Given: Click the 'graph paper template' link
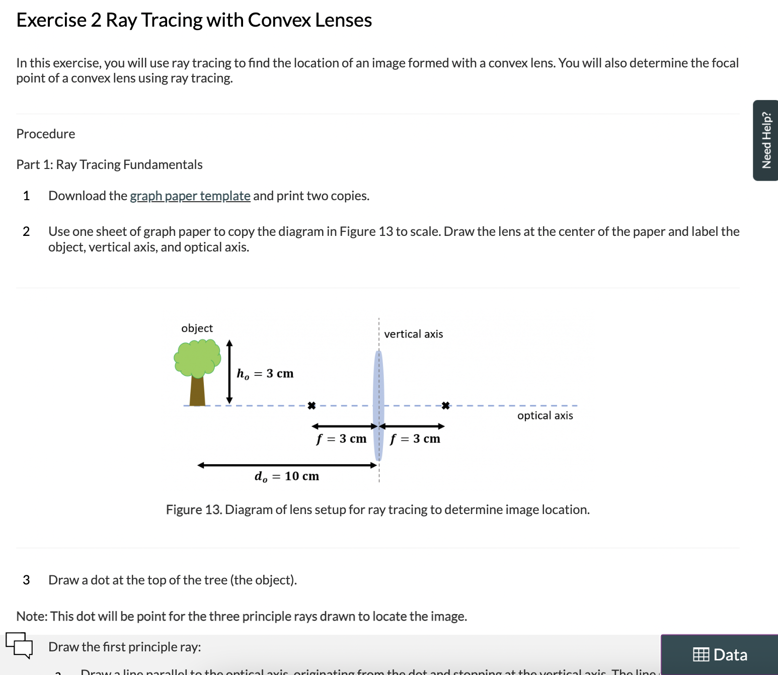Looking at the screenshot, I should [x=190, y=196].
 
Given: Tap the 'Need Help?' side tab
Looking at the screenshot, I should [x=766, y=140].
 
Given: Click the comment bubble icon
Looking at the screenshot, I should [x=19, y=644].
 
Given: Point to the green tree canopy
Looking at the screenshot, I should [x=197, y=358].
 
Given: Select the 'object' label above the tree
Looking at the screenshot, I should [x=197, y=328].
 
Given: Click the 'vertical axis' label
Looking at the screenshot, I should [x=413, y=334].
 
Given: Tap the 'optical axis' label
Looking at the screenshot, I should [x=545, y=415].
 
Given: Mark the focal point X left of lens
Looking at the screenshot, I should [x=312, y=405].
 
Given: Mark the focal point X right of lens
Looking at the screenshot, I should [x=445, y=405].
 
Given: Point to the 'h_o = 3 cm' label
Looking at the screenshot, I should [x=265, y=374].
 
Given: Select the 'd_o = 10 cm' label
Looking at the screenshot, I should [x=287, y=476].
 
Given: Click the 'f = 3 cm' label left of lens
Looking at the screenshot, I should [x=341, y=439].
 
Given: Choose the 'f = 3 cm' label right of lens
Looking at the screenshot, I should [x=415, y=439].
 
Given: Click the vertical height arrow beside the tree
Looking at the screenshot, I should [x=229, y=372].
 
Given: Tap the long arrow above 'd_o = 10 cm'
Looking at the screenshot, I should [x=287, y=465].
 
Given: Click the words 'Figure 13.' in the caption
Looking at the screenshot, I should [x=194, y=510].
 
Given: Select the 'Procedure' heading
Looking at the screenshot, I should [x=46, y=134].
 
